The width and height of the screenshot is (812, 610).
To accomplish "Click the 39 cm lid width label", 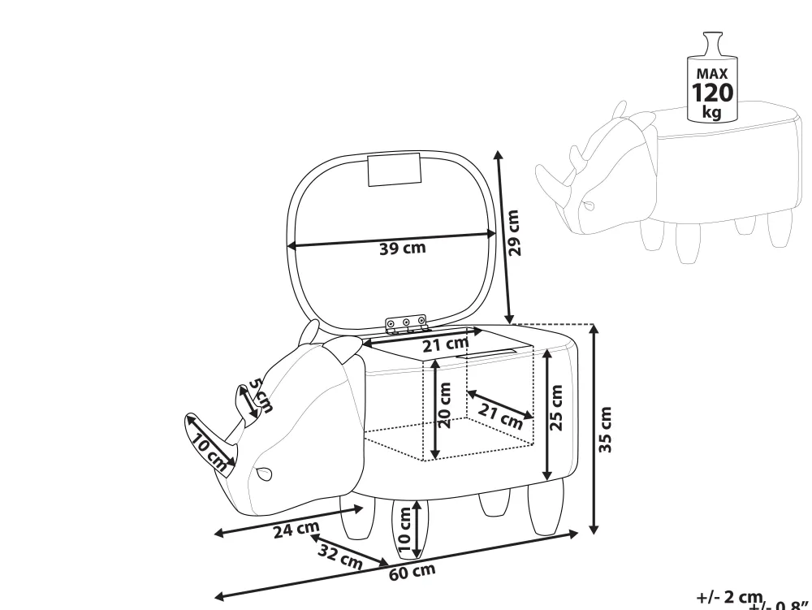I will (x=402, y=248).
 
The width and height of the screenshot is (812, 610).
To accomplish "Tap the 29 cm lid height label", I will (x=512, y=233).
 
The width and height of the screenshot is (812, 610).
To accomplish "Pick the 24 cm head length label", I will (x=296, y=529).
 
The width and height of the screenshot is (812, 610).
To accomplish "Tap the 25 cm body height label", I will (x=555, y=409).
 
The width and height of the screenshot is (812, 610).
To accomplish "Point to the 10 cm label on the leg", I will (x=404, y=529).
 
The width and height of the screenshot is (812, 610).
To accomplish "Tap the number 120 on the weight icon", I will (x=712, y=93).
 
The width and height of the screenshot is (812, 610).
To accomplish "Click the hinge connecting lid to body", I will (x=405, y=325).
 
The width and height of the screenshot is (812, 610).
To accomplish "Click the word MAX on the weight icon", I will (x=711, y=74).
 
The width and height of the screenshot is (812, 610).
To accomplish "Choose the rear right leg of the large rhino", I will (x=546, y=507).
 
